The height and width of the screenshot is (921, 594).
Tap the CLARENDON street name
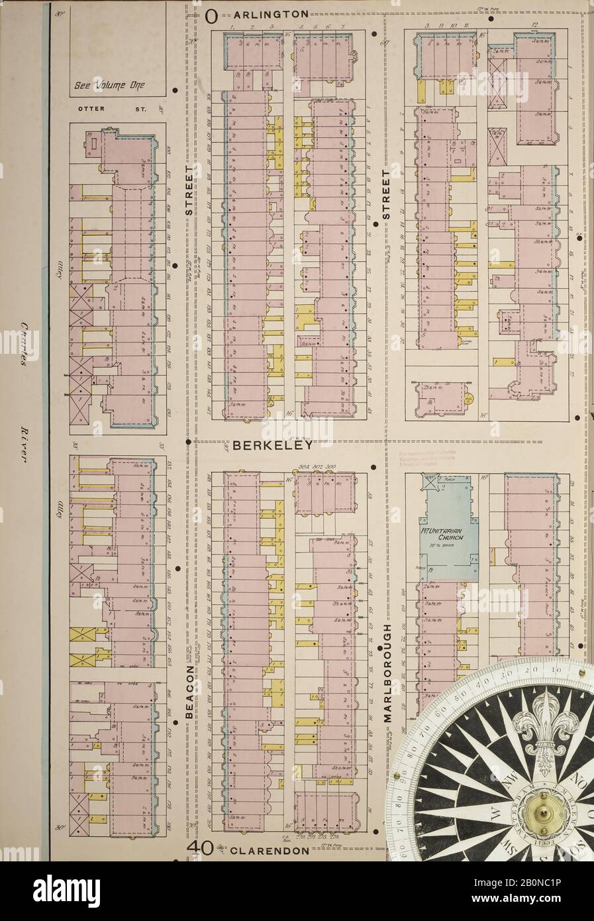pyautogui.click(x=269, y=850)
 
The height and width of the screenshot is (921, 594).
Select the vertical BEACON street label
pyautogui.click(x=190, y=692)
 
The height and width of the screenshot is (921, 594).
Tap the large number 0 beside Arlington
pyautogui.click(x=210, y=15)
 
